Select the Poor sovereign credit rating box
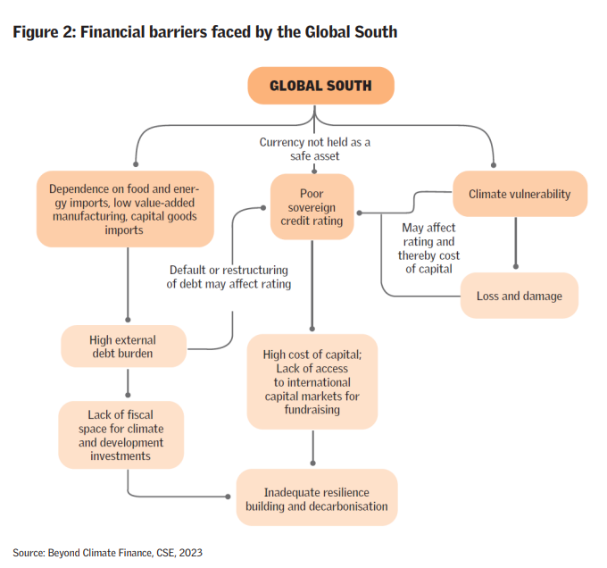pos(312,207)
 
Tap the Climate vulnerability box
pos(519,194)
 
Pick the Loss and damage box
pos(519,296)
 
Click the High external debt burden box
pos(123,347)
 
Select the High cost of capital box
pos(312,380)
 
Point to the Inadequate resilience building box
pos(316,499)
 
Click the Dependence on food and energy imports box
pos(125,209)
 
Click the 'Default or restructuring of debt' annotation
pos(229,277)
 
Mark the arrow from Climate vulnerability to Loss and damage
pos(516,243)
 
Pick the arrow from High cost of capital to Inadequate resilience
pos(312,446)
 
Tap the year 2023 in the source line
pos(190,553)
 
